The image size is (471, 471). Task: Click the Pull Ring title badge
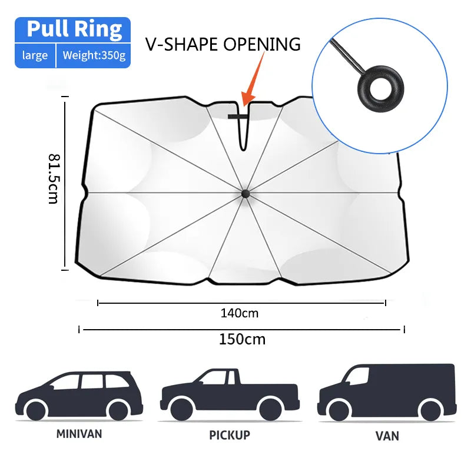click(74, 29)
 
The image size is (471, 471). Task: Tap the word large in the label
click(35, 57)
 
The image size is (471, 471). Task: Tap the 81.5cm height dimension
click(54, 178)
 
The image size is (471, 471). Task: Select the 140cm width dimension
click(240, 313)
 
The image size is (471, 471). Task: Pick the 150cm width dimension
click(242, 339)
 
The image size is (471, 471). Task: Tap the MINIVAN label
click(79, 434)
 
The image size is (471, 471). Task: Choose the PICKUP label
click(230, 435)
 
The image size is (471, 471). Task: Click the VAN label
click(387, 436)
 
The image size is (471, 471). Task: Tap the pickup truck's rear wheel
click(270, 409)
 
